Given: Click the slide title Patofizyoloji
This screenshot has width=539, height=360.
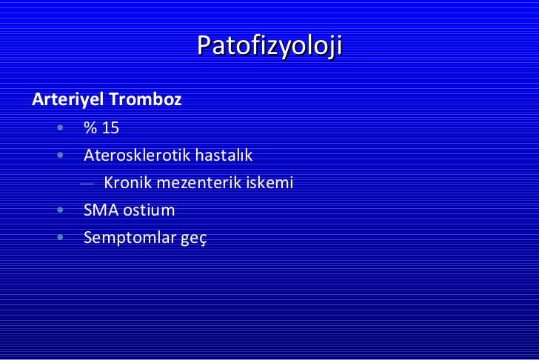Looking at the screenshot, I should click(269, 47).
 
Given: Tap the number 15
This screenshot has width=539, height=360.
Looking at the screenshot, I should click(110, 128).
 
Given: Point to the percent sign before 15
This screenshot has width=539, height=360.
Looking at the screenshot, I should click(90, 128).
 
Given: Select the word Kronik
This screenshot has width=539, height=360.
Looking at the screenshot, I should click(127, 182).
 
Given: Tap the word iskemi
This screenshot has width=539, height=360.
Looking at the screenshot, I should click(272, 182).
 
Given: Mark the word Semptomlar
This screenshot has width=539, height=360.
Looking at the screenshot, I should click(130, 238).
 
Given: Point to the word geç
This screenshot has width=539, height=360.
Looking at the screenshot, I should click(195, 239).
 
